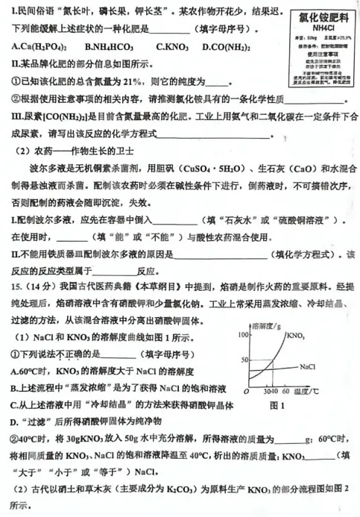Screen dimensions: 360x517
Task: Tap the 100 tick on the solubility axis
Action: pos(241,333)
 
